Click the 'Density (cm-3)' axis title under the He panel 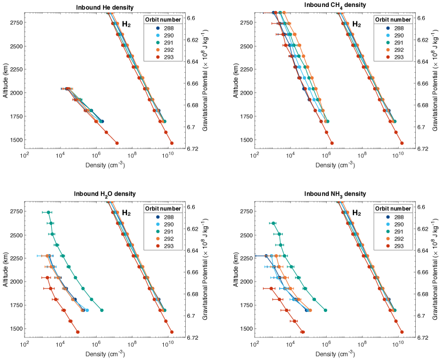coord(105,165)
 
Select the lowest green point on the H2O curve coord(102,310)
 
